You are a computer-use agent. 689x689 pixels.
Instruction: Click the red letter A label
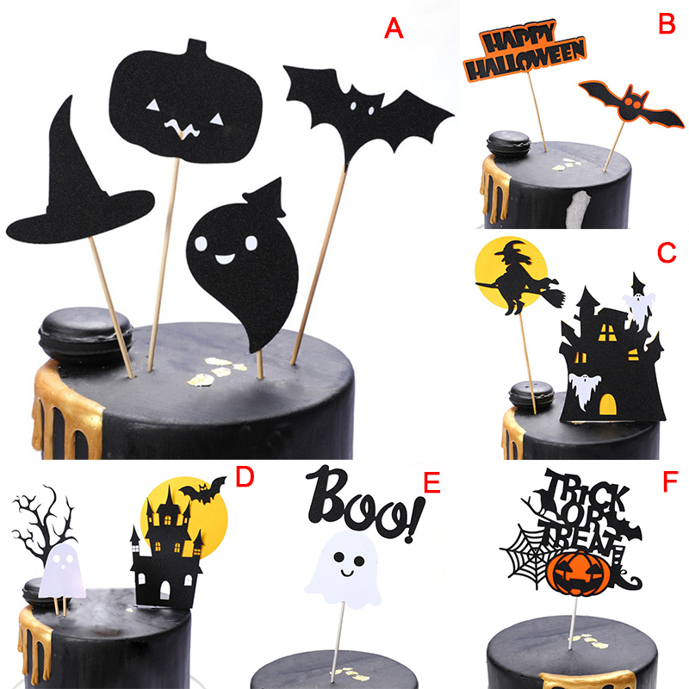394,29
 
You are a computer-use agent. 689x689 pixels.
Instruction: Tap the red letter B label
667,24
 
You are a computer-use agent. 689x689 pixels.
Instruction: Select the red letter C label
667,252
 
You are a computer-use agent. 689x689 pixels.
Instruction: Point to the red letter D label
245,477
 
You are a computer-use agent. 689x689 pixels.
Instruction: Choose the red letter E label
431,483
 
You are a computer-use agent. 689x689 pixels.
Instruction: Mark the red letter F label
670,482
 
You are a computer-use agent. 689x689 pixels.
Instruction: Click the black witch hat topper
79,184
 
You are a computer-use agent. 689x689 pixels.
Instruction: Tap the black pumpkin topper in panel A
184,101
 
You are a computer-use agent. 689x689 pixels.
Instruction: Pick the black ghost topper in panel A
242,264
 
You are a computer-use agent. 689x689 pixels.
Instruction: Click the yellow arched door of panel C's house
608,405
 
